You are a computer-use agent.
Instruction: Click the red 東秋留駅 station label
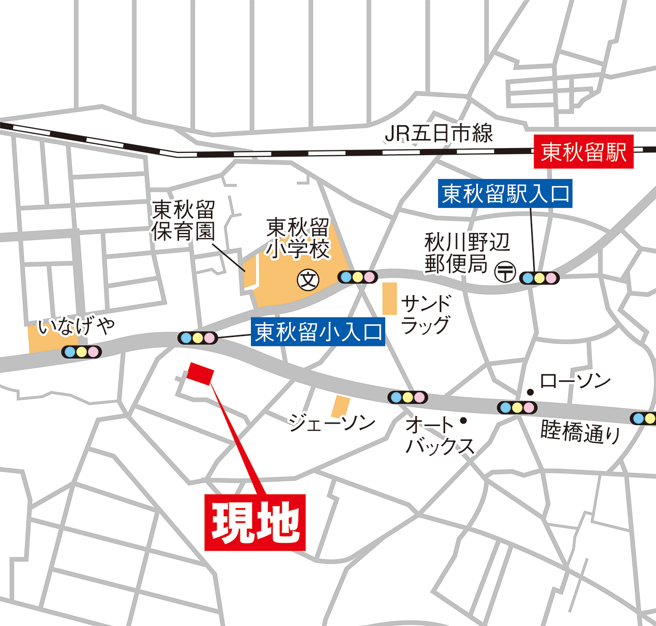coord(583,152)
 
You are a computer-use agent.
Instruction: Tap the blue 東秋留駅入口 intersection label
coord(505,194)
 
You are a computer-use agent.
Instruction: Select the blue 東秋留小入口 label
coord(318,332)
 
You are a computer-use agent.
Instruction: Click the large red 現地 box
coord(255,522)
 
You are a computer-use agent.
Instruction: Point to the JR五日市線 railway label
coord(438,133)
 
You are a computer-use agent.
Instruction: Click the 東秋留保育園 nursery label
coord(183,220)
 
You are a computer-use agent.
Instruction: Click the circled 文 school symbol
coord(308,280)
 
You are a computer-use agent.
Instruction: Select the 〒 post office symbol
coord(505,272)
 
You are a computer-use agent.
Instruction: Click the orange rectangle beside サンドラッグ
coord(389,298)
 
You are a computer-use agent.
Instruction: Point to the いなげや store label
coord(76,327)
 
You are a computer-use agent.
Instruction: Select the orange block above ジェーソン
coord(340,406)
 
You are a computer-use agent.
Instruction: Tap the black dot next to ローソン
coord(530,392)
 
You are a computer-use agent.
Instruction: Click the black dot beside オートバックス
coord(463,421)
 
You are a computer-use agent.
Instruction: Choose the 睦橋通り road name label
coord(581,432)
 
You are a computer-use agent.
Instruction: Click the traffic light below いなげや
coord(81,352)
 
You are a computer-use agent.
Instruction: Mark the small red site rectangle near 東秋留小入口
coord(200,373)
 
